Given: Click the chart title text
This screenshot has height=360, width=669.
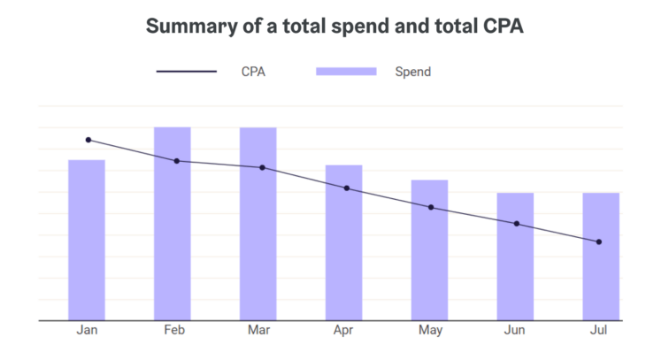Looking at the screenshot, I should [334, 27].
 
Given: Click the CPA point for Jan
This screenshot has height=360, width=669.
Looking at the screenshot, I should [88, 140].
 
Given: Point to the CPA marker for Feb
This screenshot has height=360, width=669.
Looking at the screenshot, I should [176, 161].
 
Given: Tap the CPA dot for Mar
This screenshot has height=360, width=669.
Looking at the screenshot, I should [262, 167].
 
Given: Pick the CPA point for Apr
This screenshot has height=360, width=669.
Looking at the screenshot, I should [347, 188].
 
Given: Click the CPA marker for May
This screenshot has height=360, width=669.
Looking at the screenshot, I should [431, 207].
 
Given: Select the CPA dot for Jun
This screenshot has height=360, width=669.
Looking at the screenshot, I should [517, 224].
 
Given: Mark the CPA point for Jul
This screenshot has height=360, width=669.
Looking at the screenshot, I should [599, 241].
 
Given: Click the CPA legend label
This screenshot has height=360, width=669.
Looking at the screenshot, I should [253, 72].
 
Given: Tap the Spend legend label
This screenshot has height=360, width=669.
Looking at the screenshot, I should [413, 72].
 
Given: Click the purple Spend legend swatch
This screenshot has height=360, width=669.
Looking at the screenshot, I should [346, 72].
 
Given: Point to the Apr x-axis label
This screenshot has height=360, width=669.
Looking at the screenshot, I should [344, 331].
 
